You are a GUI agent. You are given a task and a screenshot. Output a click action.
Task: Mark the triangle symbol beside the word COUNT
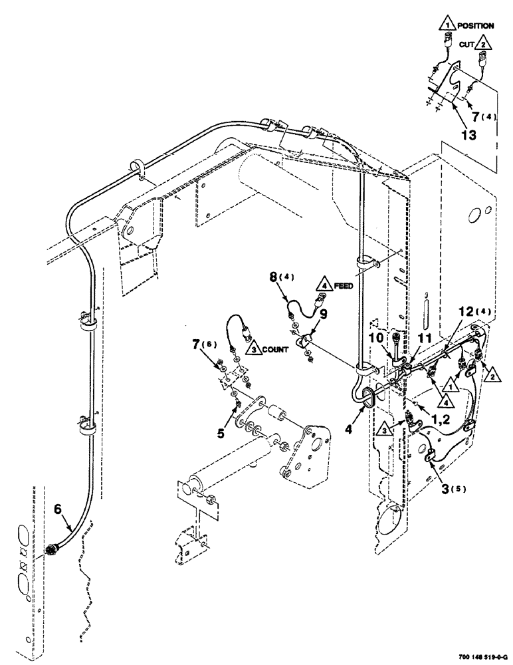click(x=250, y=347)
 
